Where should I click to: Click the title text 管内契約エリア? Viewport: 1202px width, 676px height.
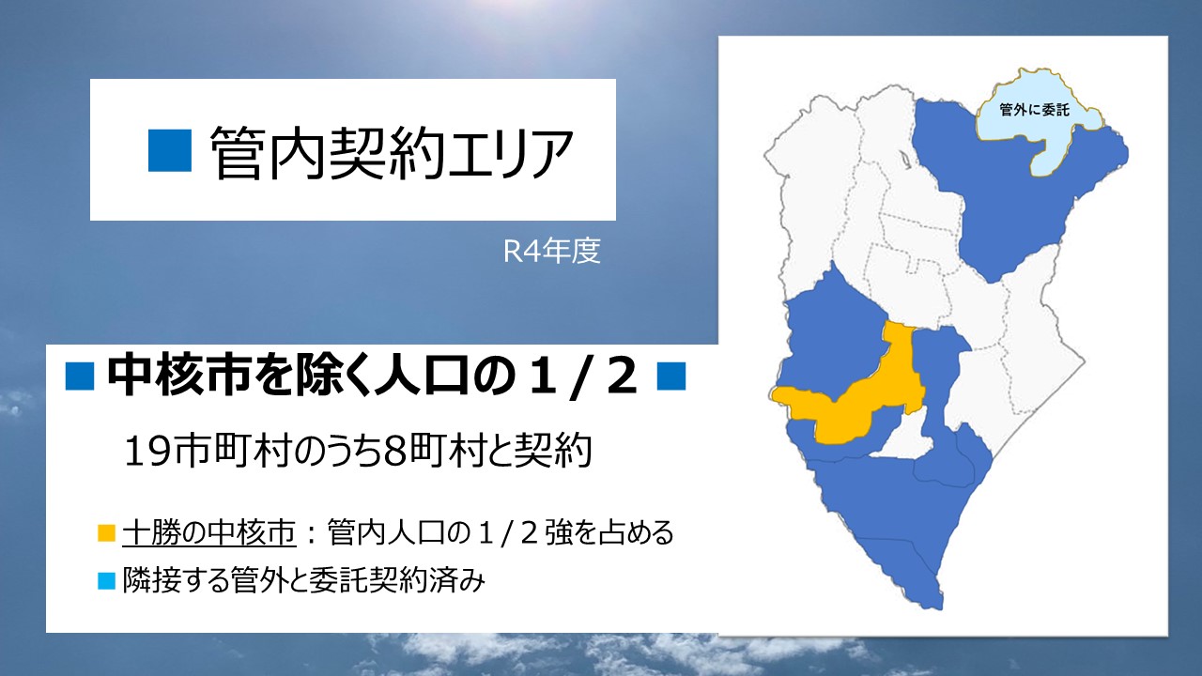coord(392,152)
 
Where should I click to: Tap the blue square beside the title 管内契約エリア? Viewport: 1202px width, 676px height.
coord(170,151)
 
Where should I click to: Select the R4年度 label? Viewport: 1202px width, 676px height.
coord(551,251)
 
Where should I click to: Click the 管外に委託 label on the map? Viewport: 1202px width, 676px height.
coord(1035,110)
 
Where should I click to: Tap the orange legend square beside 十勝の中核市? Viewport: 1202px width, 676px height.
coord(106,532)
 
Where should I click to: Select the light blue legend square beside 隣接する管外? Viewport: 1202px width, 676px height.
coord(106,581)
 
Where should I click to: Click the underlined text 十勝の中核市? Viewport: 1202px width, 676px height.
coord(209,532)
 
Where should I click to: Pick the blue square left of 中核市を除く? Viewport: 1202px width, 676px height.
coord(80,376)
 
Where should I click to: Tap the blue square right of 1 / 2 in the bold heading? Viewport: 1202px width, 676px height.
coord(671,376)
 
